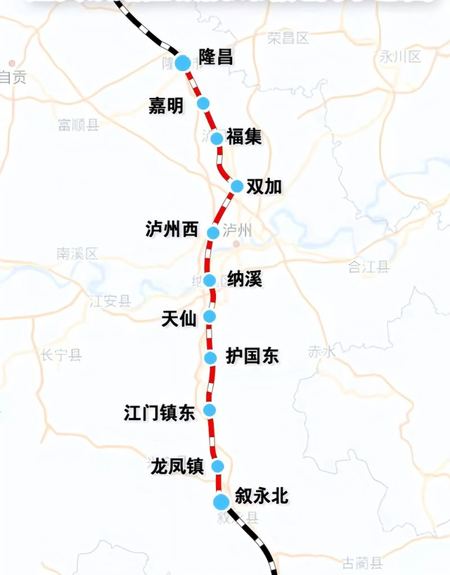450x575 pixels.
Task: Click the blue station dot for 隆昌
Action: tap(183, 63)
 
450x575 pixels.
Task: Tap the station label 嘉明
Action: tap(165, 106)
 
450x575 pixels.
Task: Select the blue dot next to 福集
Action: tap(217, 138)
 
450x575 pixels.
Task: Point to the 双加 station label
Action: tap(264, 187)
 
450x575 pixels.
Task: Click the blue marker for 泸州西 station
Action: tap(213, 232)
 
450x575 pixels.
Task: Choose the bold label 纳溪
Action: tap(244, 279)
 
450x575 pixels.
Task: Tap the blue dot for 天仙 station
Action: tap(210, 317)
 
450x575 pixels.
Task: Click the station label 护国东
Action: tap(252, 357)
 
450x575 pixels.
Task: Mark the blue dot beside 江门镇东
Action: tap(210, 410)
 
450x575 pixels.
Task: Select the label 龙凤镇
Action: tap(176, 466)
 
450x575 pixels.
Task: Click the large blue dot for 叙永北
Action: tap(221, 501)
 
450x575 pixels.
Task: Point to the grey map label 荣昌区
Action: tap(288, 38)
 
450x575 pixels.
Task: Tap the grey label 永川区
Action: tap(399, 56)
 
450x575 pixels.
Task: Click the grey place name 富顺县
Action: tap(78, 125)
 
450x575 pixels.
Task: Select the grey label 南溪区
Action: tap(77, 253)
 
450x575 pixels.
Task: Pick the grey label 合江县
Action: tap(368, 267)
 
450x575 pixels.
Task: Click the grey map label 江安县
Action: tap(110, 301)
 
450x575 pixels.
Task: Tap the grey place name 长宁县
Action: tap(61, 355)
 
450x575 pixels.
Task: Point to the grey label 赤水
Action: tap(322, 352)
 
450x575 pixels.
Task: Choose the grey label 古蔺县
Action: tap(362, 562)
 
